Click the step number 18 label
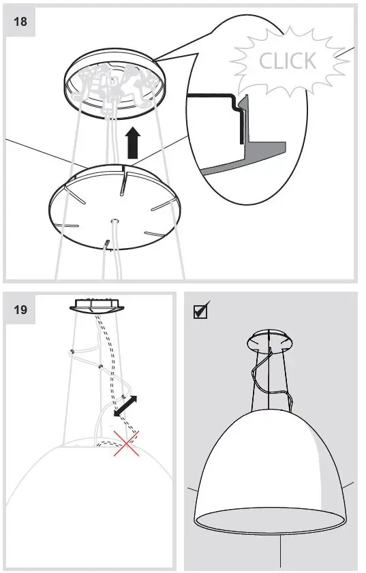point(20,20)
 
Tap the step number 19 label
point(20,309)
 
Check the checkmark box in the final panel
point(201,311)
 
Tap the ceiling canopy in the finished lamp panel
point(271,339)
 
